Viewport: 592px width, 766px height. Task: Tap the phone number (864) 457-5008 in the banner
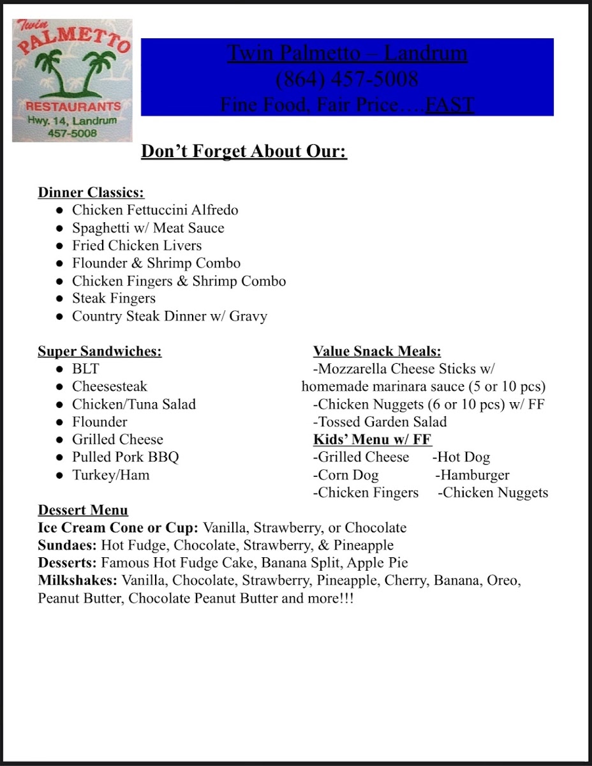point(347,79)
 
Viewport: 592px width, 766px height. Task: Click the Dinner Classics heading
point(91,192)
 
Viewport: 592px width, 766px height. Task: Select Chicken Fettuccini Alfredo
point(155,210)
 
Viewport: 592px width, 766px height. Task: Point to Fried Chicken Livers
point(137,246)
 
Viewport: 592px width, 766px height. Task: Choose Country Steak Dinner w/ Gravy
point(169,316)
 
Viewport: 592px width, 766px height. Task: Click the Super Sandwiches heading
point(100,351)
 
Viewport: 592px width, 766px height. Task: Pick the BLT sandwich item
point(85,369)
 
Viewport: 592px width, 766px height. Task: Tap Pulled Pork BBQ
point(125,457)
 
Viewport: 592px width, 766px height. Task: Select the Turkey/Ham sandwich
point(110,475)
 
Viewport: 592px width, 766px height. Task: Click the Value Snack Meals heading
point(377,351)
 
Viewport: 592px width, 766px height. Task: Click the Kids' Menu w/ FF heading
point(373,439)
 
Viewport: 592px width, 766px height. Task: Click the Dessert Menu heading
point(83,510)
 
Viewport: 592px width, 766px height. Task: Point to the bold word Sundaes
point(66,546)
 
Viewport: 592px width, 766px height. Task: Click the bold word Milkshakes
point(78,581)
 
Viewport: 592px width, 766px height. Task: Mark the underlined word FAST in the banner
point(450,104)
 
